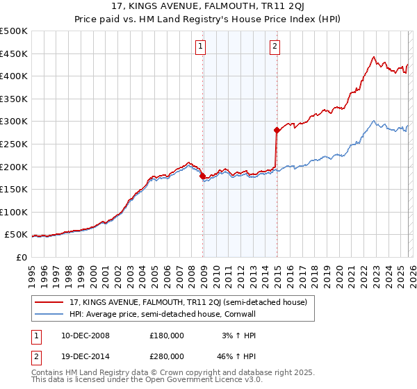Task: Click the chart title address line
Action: coord(208,8)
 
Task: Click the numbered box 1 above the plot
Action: coord(200,47)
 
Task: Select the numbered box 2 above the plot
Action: coord(275,47)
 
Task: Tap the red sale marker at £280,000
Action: coord(277,130)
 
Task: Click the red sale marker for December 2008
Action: coord(202,176)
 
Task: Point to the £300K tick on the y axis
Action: coord(14,122)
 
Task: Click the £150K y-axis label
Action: coord(14,189)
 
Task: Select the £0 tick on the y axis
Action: coord(21,257)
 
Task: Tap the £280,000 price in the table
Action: coord(167,356)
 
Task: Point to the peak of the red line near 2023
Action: coord(374,57)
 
